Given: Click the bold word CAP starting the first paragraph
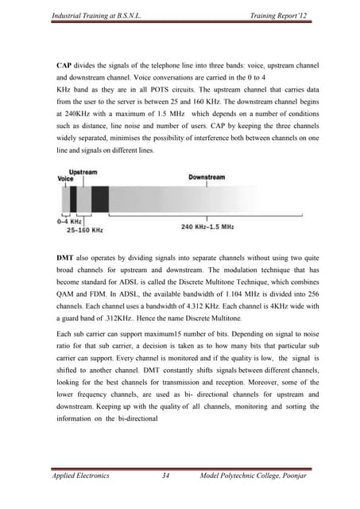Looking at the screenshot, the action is tap(64, 62).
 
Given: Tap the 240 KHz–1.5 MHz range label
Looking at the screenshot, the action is tap(207, 227).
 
